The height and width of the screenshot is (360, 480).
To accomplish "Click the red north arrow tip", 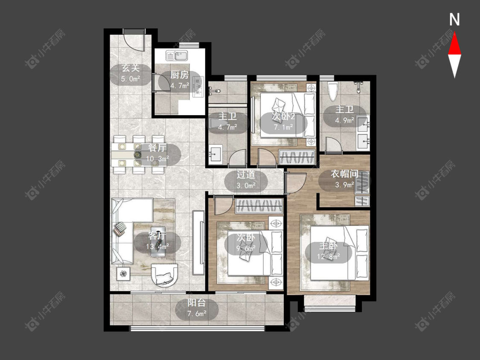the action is coord(454,33).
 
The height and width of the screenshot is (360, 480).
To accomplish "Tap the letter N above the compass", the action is coord(454,20).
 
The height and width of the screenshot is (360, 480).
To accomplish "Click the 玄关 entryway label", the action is coord(131,68).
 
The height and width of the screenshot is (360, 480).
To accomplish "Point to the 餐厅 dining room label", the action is coord(157,148).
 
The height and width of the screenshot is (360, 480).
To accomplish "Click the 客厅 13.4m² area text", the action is coord(157,246).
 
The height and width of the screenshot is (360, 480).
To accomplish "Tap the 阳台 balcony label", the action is coord(197,303).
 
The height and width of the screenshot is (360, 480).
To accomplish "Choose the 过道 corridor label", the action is coord(246,174).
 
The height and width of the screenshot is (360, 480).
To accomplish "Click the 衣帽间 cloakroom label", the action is coord(344,174).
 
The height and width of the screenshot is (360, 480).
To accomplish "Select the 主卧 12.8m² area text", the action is coord(329,256).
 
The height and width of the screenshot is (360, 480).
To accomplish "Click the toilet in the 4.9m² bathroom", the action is coord(332,91).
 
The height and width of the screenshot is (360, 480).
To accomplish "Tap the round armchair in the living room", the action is coord(165,275).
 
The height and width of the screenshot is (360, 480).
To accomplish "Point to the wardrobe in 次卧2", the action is coord(297,157).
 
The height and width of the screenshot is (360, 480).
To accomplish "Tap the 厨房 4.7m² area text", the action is coord(180,85).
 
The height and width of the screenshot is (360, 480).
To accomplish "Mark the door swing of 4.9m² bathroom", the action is coord(334,145).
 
